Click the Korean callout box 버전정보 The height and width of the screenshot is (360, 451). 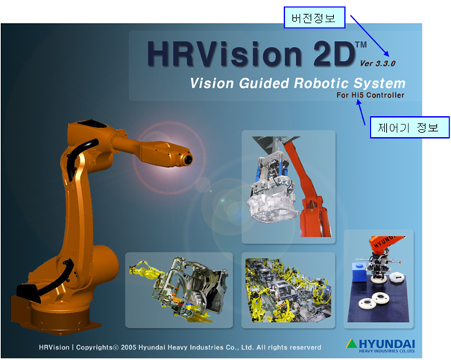[315, 18]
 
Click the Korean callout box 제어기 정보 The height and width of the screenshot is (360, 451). [409, 127]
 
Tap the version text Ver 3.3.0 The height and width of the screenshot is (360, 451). [378, 63]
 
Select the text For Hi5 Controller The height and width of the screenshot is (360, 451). [370, 95]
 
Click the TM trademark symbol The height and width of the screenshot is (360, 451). [361, 45]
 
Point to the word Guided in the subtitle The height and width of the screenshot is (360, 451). [264, 83]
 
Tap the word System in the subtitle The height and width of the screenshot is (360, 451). [379, 83]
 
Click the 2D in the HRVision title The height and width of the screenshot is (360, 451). [333, 54]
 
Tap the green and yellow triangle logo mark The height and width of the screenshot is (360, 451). [351, 344]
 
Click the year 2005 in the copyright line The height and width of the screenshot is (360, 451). [128, 347]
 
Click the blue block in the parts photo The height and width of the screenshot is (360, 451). [359, 268]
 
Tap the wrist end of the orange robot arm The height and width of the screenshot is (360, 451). [186, 159]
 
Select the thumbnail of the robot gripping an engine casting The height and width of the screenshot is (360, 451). [288, 187]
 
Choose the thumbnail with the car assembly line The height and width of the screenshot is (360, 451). [288, 290]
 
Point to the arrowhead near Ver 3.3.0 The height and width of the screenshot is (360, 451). [387, 54]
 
